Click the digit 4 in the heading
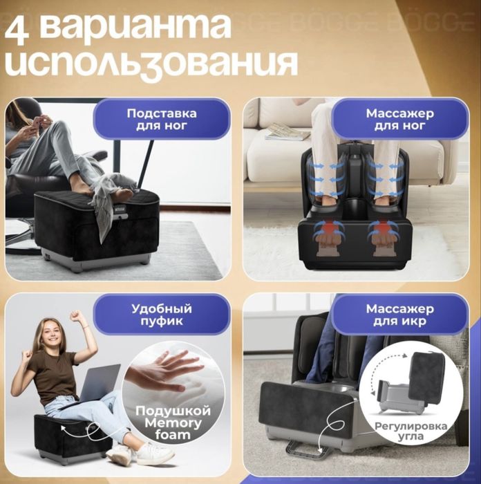[21, 28]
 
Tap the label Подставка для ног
[161, 119]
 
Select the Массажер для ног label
[399, 119]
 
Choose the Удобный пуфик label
[161, 315]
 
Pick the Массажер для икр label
[399, 315]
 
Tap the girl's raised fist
[77, 316]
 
